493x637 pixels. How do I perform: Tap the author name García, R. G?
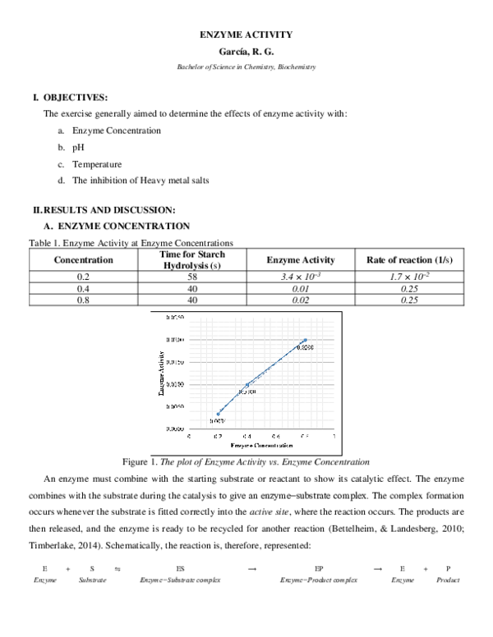point(246,51)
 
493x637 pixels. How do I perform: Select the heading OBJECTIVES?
point(68,97)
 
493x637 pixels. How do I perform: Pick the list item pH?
point(78,147)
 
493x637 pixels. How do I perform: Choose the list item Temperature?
point(96,164)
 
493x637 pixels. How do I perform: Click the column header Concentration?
point(83,260)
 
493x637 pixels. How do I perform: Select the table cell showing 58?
point(192,277)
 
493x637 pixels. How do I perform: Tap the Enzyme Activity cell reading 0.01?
point(301,289)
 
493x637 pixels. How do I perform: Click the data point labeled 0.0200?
point(306,340)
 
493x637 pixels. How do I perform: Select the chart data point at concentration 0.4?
point(247,384)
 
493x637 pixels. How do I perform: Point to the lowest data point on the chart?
point(219,414)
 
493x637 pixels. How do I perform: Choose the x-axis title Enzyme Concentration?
point(257,445)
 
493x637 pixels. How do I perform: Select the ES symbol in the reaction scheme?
point(180,568)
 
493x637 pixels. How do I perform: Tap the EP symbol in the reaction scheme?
point(319,568)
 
